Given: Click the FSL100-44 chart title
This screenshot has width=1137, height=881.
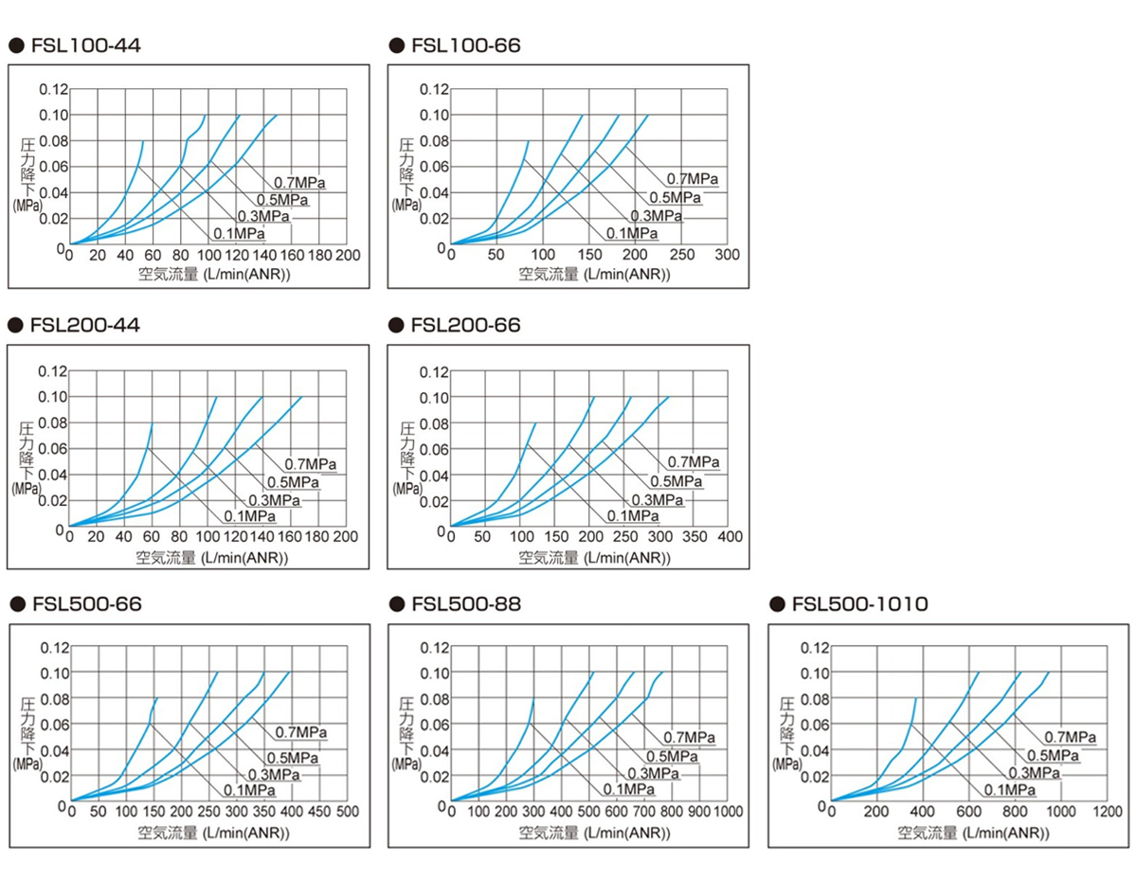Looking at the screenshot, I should pyautogui.click(x=86, y=45).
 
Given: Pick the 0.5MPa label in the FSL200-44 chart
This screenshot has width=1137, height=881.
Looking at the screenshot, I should pyautogui.click(x=292, y=481).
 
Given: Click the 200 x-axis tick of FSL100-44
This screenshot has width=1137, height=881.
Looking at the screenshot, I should pyautogui.click(x=347, y=256).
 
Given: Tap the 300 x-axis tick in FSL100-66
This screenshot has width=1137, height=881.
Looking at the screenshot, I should pyautogui.click(x=727, y=256).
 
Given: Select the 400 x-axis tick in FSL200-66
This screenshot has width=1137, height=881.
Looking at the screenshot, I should pyautogui.click(x=730, y=537).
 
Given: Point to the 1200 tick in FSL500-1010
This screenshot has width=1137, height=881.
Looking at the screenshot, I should pyautogui.click(x=1107, y=813).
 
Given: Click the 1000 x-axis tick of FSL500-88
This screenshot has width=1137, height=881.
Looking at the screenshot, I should pyautogui.click(x=728, y=813).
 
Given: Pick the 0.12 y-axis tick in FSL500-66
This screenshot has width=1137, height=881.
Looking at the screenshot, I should pyautogui.click(x=54, y=648).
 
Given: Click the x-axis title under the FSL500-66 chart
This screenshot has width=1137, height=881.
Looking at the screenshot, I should pyautogui.click(x=213, y=834).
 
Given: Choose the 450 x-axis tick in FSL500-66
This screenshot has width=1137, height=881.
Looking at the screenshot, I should pyautogui.click(x=319, y=813).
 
